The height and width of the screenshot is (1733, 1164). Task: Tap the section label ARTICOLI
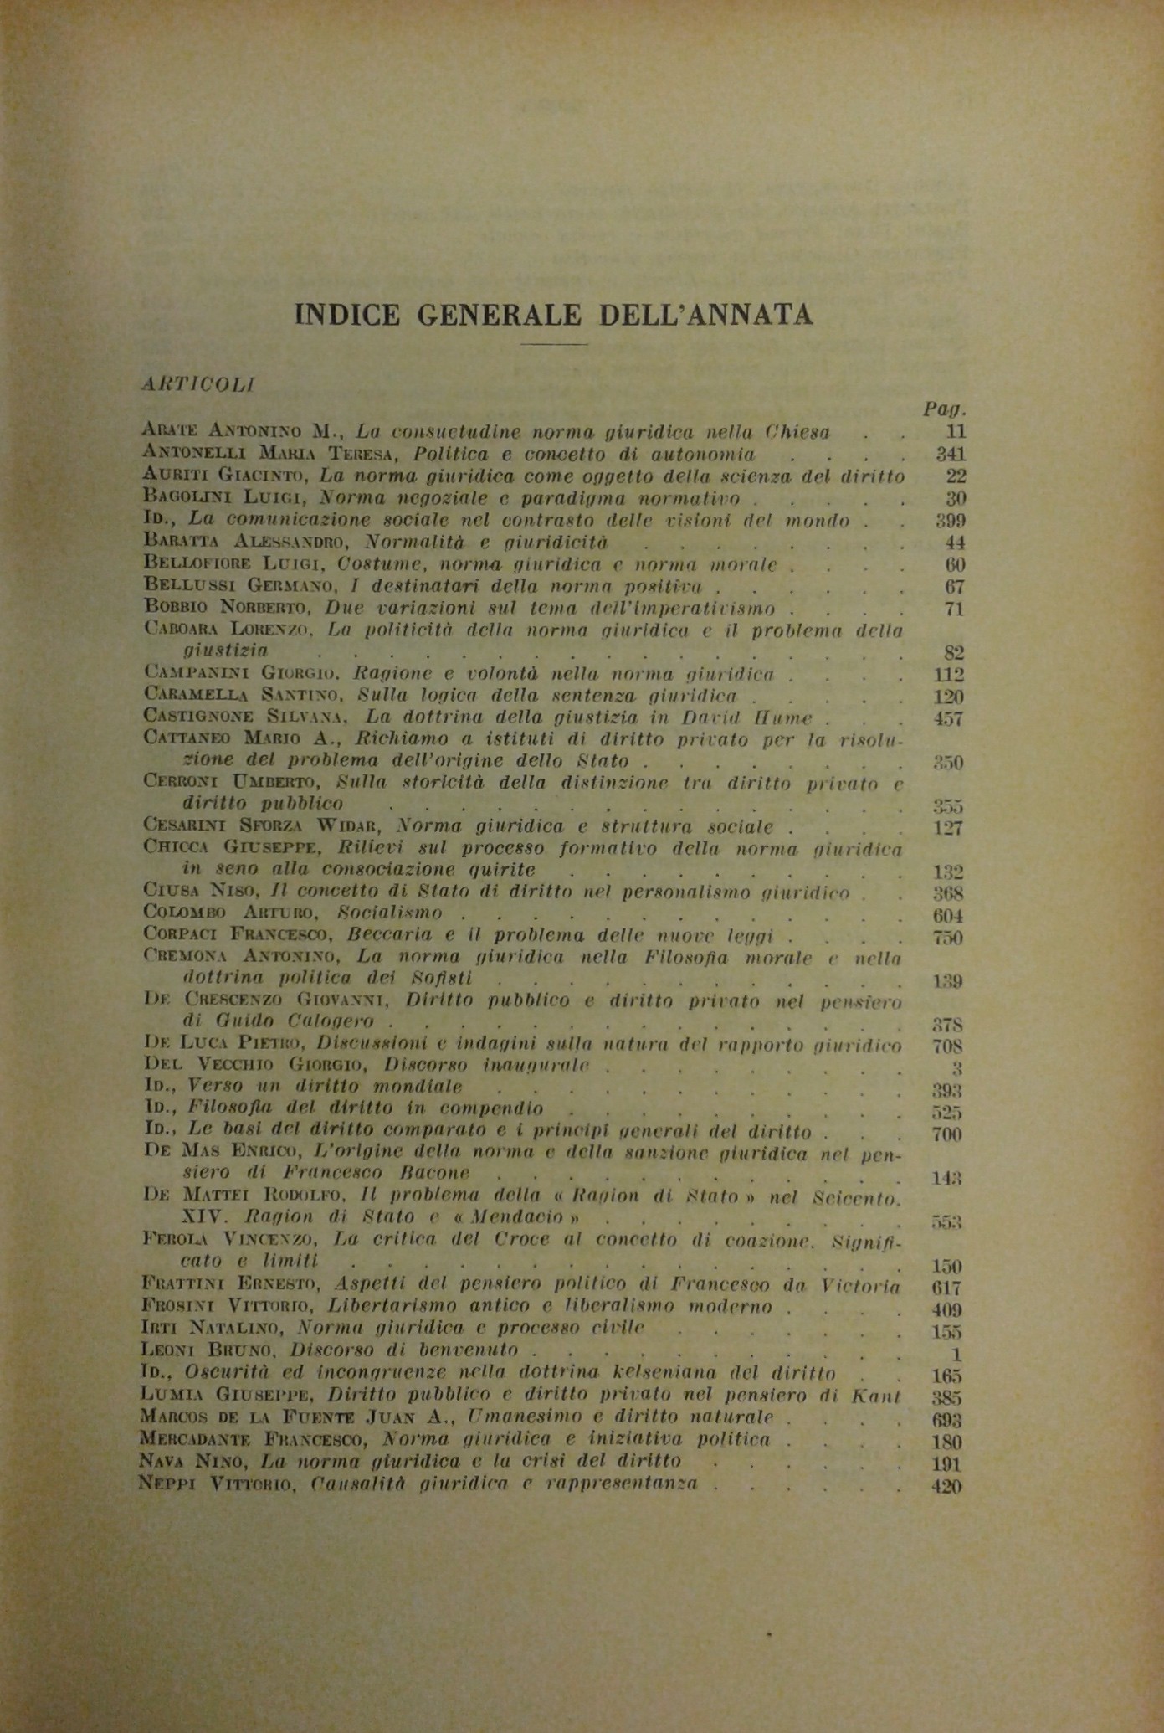tap(197, 384)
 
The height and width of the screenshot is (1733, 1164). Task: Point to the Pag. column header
tap(945, 409)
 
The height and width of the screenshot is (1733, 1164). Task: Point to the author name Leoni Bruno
tap(211, 1350)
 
